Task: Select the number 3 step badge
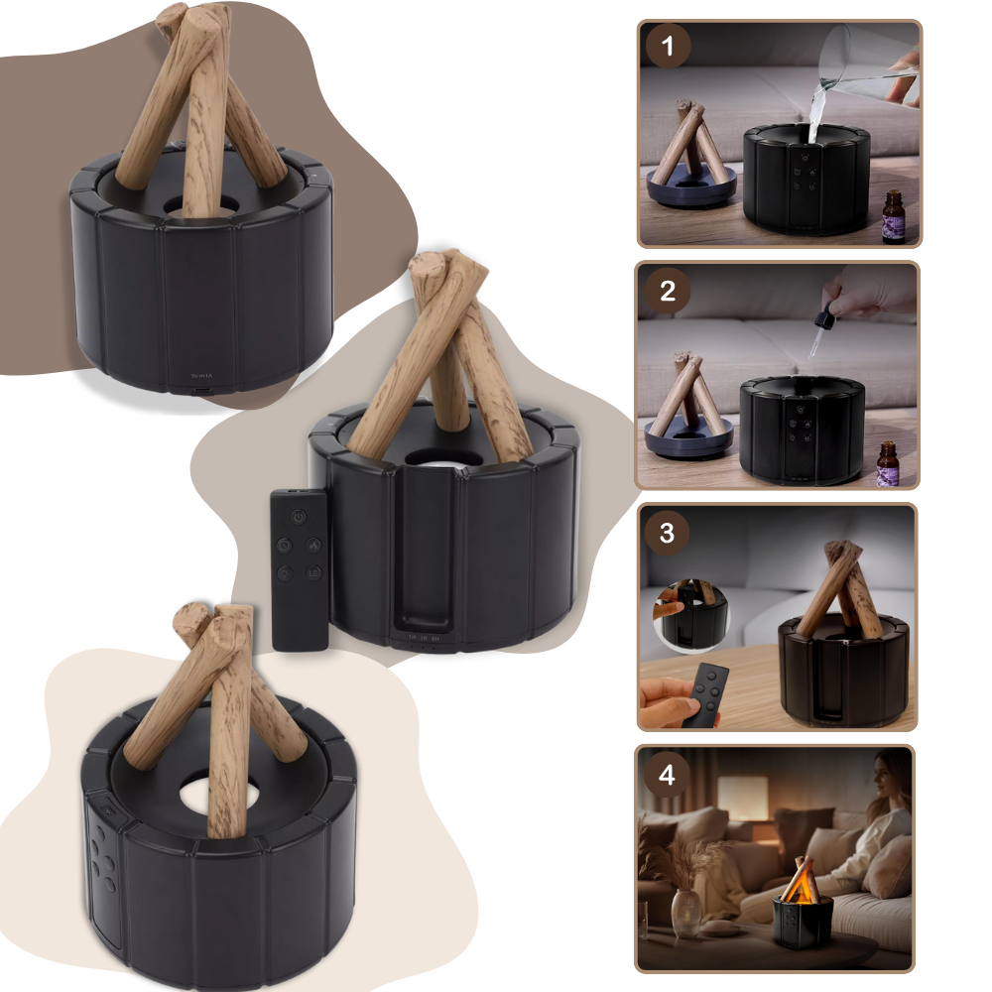pyautogui.click(x=667, y=533)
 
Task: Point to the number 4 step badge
pyautogui.click(x=667, y=775)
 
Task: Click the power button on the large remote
pyautogui.click(x=297, y=516)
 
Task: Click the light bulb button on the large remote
pyautogui.click(x=284, y=544)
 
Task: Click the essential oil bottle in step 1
pyautogui.click(x=893, y=216)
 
